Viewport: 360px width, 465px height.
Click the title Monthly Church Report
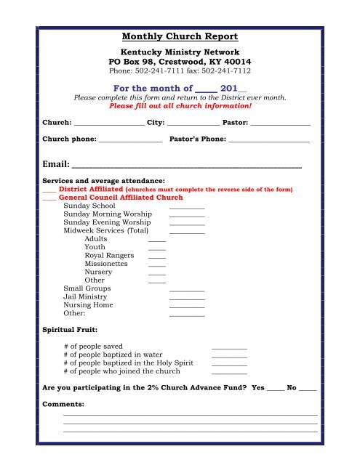(180, 36)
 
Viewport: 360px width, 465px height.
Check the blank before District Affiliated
(49, 190)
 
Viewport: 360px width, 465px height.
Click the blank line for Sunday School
(187, 208)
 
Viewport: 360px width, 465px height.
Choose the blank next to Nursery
(157, 274)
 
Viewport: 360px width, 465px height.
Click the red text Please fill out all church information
(180, 105)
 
